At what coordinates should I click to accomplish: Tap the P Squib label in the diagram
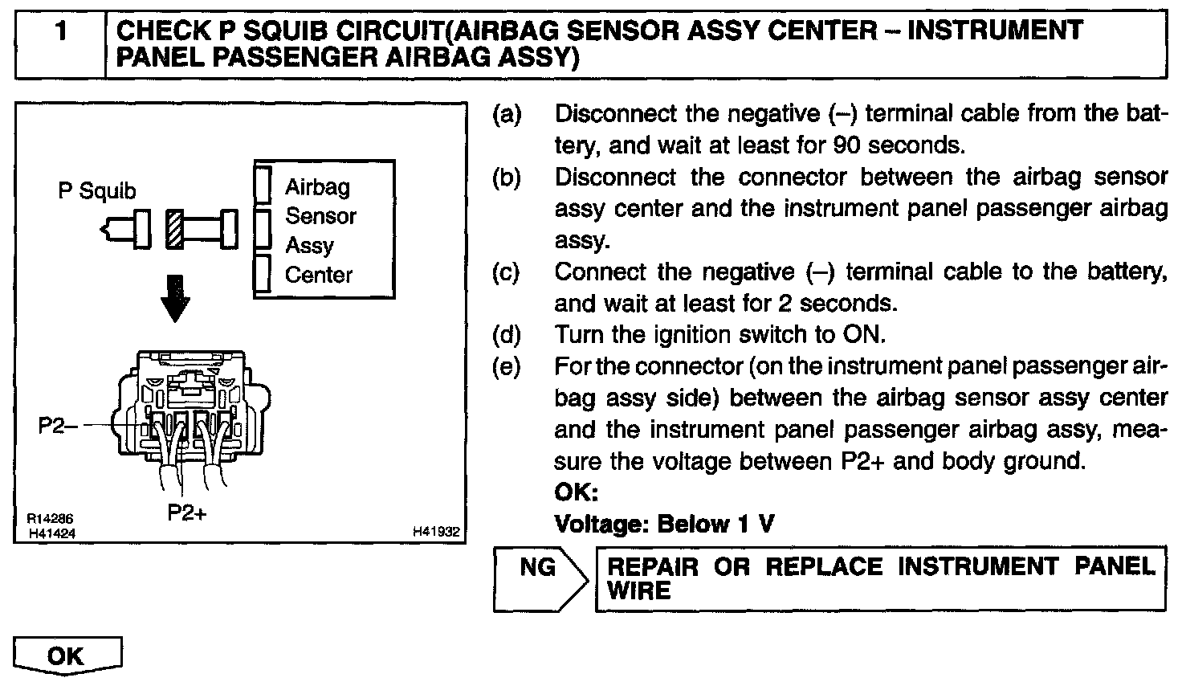[97, 192]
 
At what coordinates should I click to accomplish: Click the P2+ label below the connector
[186, 512]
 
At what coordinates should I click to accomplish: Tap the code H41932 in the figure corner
[436, 531]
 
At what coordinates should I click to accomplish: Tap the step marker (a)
[507, 114]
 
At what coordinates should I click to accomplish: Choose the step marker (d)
[507, 334]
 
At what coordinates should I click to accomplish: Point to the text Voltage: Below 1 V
[665, 524]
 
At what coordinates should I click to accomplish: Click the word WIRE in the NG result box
[639, 591]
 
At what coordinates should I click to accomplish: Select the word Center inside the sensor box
[319, 275]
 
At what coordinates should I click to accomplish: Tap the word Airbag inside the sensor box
[318, 187]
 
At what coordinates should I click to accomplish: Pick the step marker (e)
[507, 366]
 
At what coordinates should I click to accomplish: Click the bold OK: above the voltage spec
[577, 492]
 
